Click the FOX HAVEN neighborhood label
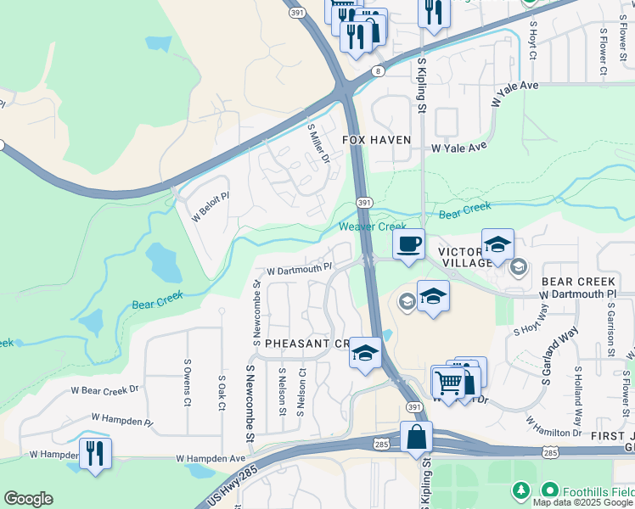click(x=376, y=139)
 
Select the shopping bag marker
click(x=417, y=438)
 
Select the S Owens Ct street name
click(x=187, y=382)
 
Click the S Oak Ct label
click(x=221, y=392)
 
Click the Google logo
click(x=28, y=499)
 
